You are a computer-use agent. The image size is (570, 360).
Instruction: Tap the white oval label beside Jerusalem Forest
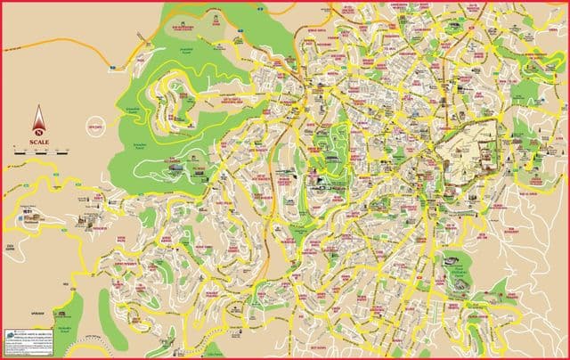click(97, 127)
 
